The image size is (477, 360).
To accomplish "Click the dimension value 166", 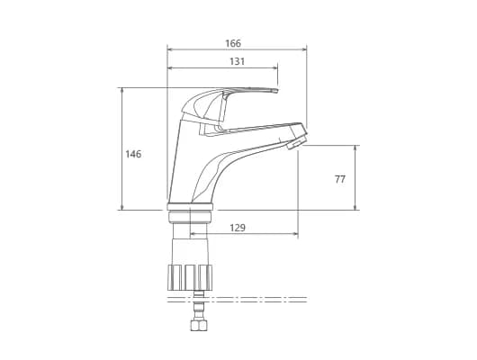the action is tap(233, 43).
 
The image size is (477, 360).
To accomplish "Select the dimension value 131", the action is tap(237, 61).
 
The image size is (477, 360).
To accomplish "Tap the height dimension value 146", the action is tap(133, 154).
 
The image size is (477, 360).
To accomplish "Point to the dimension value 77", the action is tap(340, 179).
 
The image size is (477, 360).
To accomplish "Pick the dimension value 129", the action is tap(238, 228).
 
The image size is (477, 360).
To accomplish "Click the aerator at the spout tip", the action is tap(297, 142).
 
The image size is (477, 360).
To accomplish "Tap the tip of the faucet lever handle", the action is tap(276, 91).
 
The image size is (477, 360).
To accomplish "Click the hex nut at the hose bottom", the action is tap(198, 325).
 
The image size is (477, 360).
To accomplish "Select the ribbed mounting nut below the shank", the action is tap(190, 277).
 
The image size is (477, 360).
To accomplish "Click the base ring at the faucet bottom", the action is tap(190, 206).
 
